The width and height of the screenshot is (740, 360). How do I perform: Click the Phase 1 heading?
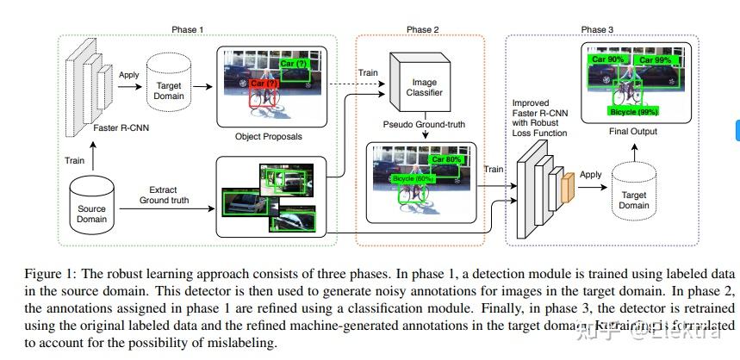188,29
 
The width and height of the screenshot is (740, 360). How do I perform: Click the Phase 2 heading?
423,29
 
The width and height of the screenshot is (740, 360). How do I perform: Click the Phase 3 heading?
597,29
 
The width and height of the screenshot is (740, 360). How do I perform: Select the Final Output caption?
632,132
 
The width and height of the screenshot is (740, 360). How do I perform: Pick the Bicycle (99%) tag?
634,112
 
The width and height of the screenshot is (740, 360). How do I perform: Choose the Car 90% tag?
607,60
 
